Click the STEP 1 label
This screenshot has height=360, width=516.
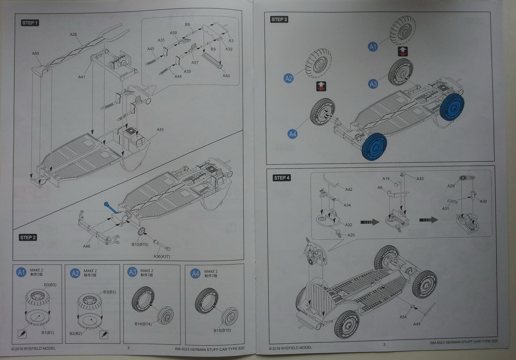30,23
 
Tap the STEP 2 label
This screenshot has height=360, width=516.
28,237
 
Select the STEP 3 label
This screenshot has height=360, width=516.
279,19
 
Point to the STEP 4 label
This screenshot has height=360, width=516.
282,178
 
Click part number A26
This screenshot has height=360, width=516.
73,34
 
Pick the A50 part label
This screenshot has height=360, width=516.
36,54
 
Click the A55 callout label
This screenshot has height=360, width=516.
160,130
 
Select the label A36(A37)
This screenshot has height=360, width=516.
162,257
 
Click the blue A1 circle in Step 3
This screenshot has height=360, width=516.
373,47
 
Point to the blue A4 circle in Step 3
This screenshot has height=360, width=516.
292,134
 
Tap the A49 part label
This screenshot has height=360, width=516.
417,324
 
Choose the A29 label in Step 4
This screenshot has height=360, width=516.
451,186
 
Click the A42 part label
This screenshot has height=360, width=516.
349,189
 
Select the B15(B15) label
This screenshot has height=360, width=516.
222,330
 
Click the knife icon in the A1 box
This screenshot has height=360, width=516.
22,334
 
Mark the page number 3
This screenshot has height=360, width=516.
384,345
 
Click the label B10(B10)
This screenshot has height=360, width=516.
140,244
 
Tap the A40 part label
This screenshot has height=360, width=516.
226,76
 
